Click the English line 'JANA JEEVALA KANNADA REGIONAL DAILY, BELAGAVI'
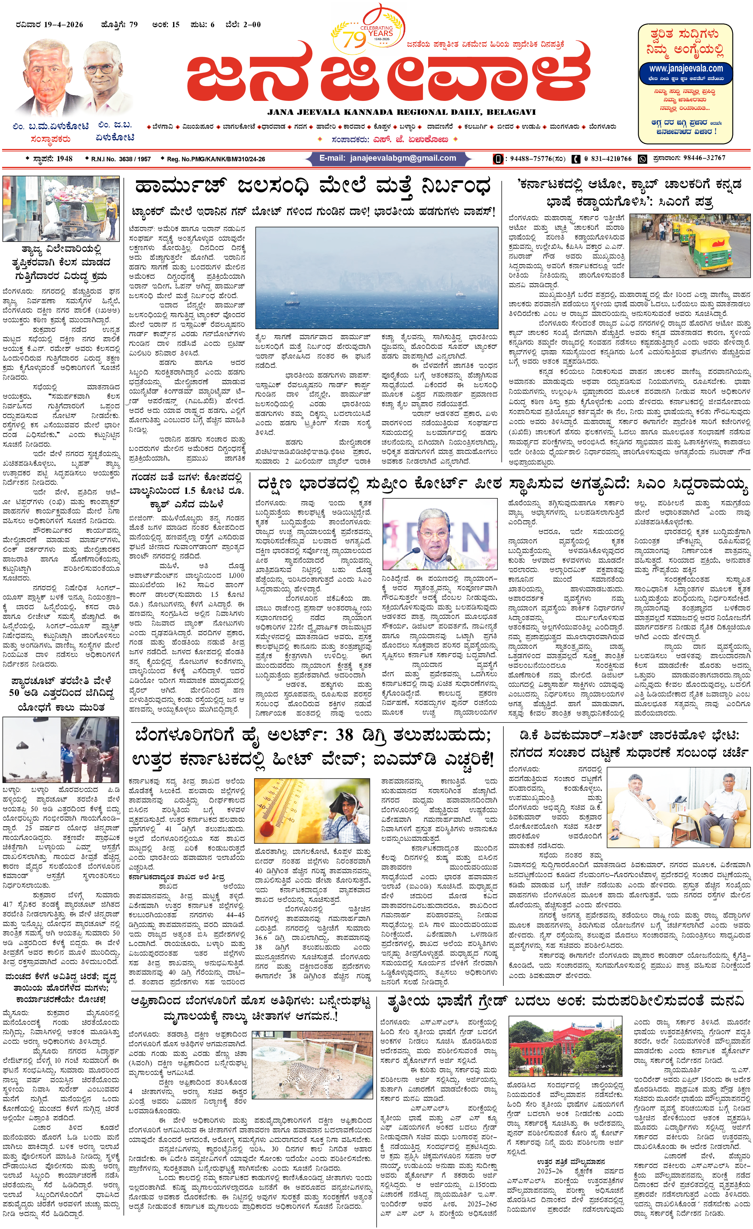tap(401, 112)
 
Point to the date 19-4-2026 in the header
tap(63, 24)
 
